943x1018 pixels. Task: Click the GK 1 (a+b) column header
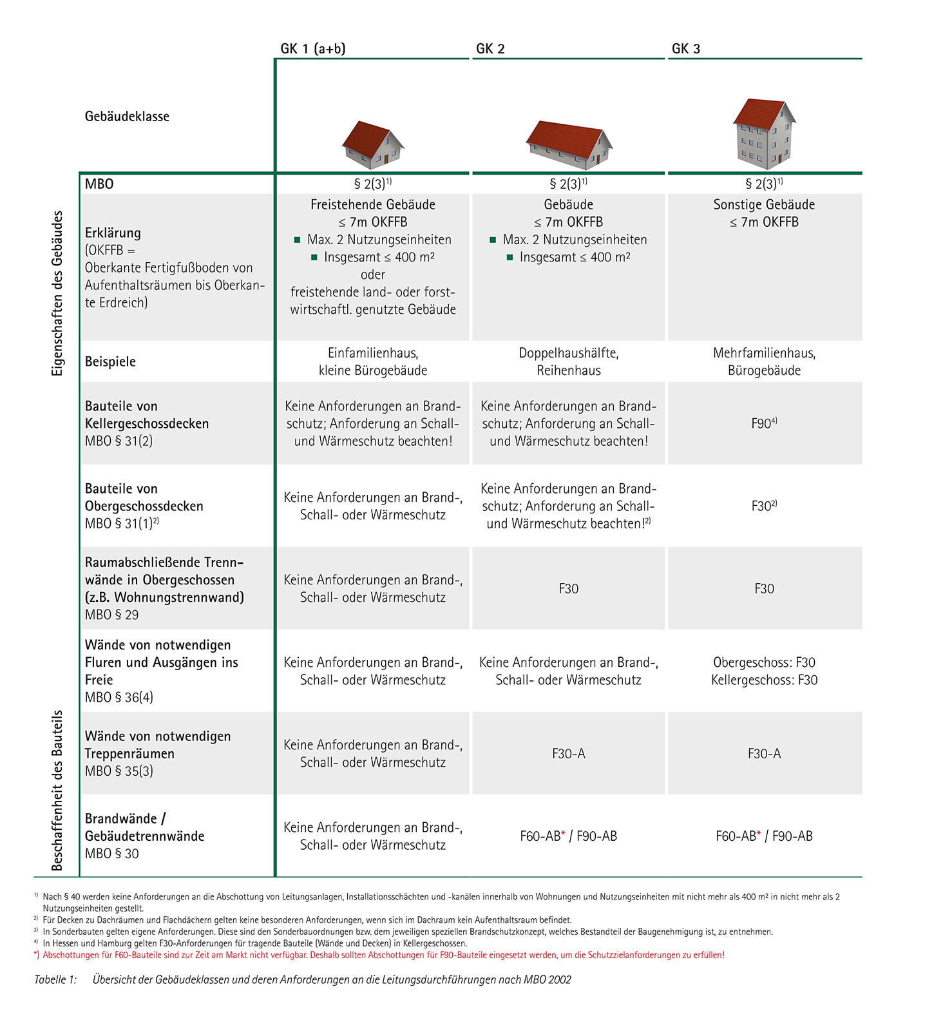pos(313,49)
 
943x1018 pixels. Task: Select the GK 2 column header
pos(490,49)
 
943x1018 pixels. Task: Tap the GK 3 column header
pos(686,49)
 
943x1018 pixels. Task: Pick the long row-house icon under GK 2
pos(569,144)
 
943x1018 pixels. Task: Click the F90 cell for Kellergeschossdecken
pos(764,423)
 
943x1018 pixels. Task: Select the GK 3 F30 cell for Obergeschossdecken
pos(764,506)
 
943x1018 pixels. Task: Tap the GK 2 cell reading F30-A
pos(569,753)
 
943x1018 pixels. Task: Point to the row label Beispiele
pos(110,361)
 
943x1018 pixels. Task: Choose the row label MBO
pos(99,184)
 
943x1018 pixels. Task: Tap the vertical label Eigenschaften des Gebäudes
pos(58,293)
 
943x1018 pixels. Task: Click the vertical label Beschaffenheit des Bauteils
pos(58,790)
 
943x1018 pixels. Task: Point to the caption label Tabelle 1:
pos(55,979)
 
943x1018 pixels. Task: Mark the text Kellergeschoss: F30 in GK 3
pos(764,680)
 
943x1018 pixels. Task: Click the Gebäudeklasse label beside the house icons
pos(127,117)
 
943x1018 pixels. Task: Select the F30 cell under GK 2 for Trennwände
pos(569,588)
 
